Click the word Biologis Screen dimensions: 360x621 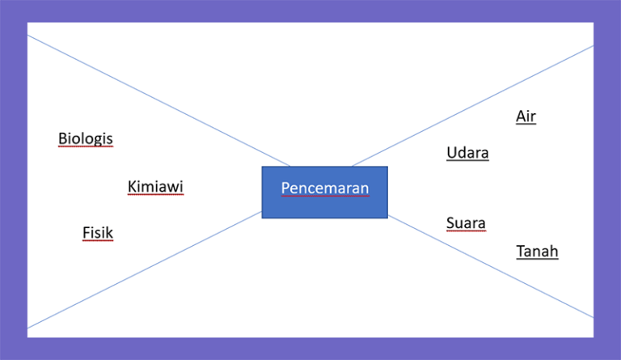pos(85,138)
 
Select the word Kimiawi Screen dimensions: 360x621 pos(155,187)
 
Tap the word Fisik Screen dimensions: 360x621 pos(97,233)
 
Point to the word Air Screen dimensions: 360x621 pos(526,116)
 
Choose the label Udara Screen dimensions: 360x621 pos(467,152)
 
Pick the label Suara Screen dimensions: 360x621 pos(466,222)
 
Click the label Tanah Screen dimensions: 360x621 pos(537,251)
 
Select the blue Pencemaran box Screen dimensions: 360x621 pos(324,192)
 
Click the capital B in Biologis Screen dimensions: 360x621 pos(62,138)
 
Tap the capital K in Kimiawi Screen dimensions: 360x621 pos(132,187)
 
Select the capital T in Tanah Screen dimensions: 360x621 pos(520,251)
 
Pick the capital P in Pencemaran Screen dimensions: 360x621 pos(285,188)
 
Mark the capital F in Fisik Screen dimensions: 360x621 pos(86,233)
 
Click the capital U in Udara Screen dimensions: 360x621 pos(451,152)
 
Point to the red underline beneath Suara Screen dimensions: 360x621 pos(466,231)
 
